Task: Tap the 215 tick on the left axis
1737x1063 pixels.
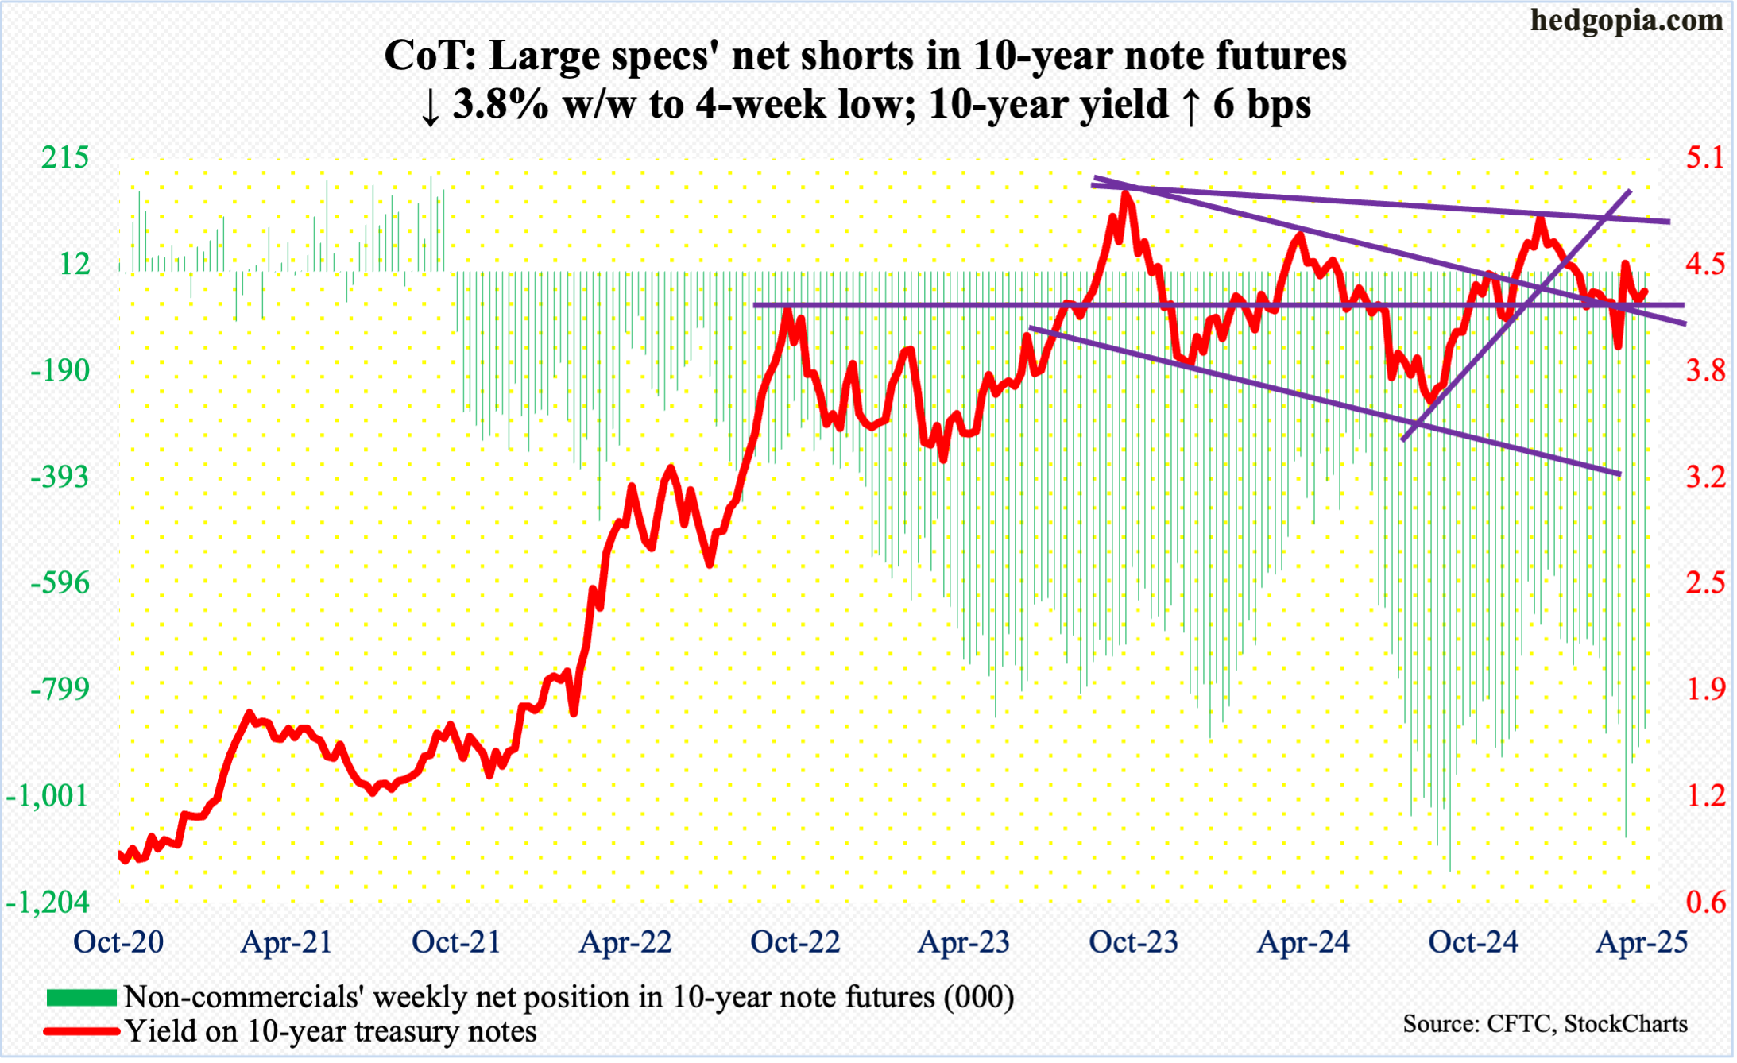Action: tap(65, 157)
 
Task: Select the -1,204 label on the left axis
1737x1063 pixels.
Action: tap(48, 903)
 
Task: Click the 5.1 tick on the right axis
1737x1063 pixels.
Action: tap(1706, 157)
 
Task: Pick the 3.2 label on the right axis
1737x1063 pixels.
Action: tap(1706, 477)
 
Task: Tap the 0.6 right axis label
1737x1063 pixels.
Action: tap(1706, 903)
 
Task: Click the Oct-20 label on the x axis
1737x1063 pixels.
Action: tap(118, 942)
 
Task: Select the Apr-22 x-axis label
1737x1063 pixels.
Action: tap(625, 942)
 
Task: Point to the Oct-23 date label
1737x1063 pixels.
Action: tap(1133, 942)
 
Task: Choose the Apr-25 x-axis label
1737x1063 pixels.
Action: tap(1642, 942)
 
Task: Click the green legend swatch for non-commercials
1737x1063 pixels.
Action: tap(82, 997)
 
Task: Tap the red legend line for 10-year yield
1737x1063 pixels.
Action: tap(82, 1031)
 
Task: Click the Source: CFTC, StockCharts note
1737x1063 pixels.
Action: tap(1545, 1024)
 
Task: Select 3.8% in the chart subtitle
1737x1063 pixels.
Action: tap(501, 105)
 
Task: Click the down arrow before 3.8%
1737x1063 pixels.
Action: tap(430, 106)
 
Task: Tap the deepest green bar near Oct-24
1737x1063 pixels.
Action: tap(1450, 869)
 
